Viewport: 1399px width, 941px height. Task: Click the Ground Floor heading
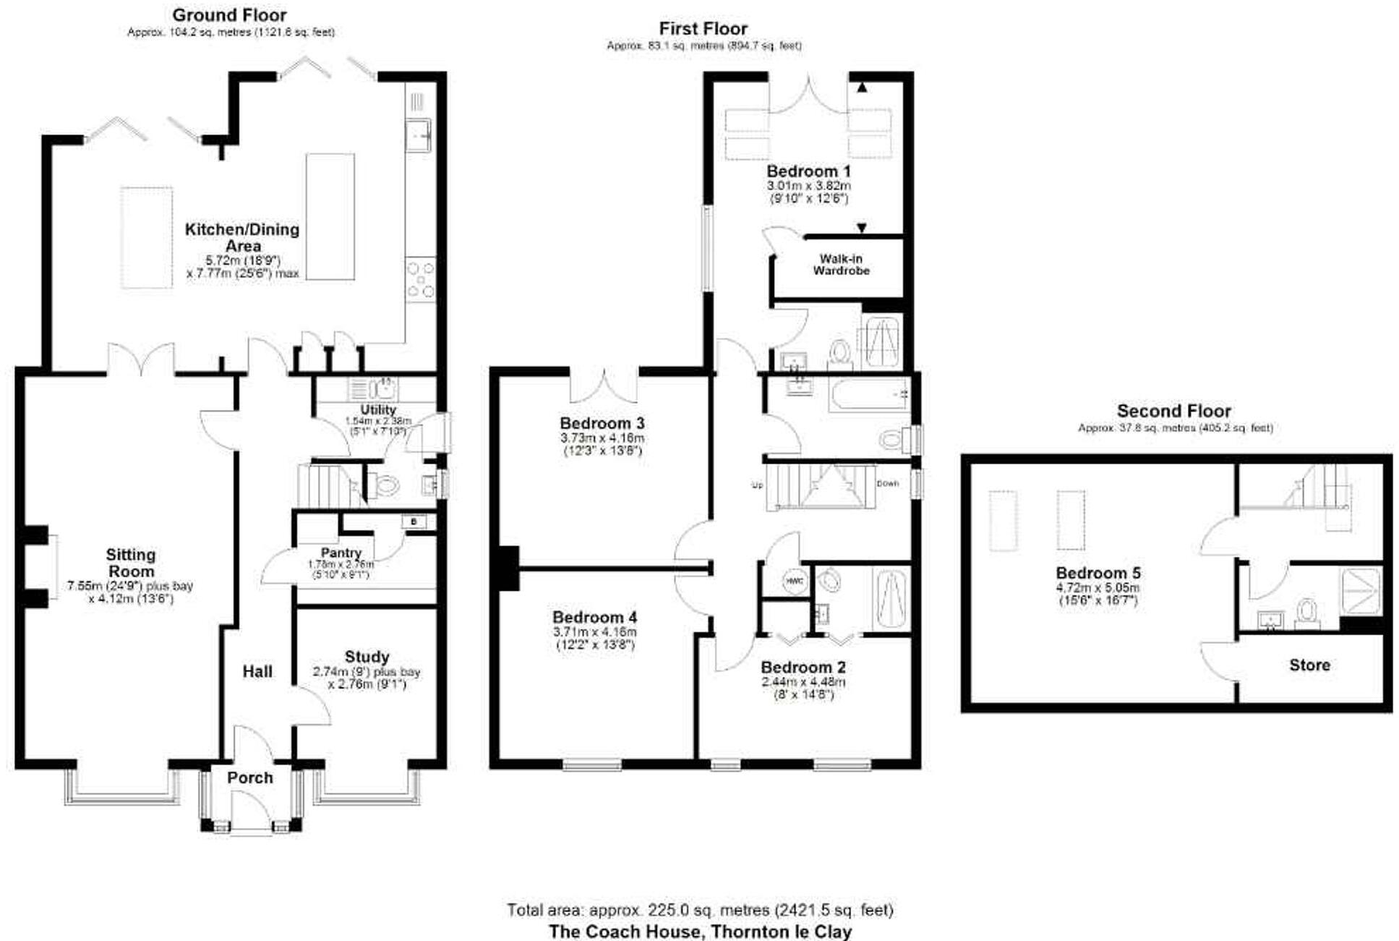click(229, 14)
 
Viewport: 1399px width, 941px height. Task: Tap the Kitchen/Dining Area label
click(242, 237)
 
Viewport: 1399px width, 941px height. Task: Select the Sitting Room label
click(130, 562)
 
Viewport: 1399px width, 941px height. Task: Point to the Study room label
click(367, 657)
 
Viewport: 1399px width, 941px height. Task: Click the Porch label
click(249, 778)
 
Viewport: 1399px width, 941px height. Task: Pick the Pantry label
click(341, 553)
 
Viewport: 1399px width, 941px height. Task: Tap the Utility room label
click(377, 409)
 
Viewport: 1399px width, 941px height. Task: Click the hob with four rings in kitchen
click(420, 280)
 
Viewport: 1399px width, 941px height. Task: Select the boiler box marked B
click(414, 521)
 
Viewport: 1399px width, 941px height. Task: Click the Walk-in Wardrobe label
click(841, 264)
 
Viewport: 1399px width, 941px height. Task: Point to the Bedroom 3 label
click(602, 423)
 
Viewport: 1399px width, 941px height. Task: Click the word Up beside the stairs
click(757, 485)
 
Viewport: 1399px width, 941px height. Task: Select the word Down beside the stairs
click(887, 483)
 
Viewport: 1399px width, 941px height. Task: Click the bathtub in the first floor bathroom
click(868, 394)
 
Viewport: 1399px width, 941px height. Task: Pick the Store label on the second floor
click(1309, 665)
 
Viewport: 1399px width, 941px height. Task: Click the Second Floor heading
click(1173, 411)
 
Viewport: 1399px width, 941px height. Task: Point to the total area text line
click(699, 909)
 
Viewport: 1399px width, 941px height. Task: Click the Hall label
click(257, 671)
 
